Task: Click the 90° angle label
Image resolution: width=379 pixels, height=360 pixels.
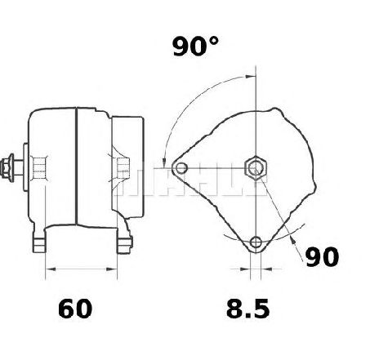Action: (x=195, y=47)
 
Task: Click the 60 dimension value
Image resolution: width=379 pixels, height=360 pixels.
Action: (x=75, y=309)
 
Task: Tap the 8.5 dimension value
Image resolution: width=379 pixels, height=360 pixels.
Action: (x=248, y=309)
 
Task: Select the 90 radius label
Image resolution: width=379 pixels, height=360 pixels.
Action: (x=322, y=257)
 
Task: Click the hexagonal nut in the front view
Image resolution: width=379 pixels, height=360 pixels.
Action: (x=256, y=168)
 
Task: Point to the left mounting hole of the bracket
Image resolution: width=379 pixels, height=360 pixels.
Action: (x=181, y=168)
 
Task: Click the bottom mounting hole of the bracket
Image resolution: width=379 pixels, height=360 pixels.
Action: (x=256, y=242)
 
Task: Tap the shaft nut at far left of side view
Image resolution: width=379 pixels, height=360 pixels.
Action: (x=7, y=167)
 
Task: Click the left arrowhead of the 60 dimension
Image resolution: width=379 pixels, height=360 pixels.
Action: (x=51, y=269)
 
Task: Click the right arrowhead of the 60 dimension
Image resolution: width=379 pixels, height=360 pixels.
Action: (x=112, y=269)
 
